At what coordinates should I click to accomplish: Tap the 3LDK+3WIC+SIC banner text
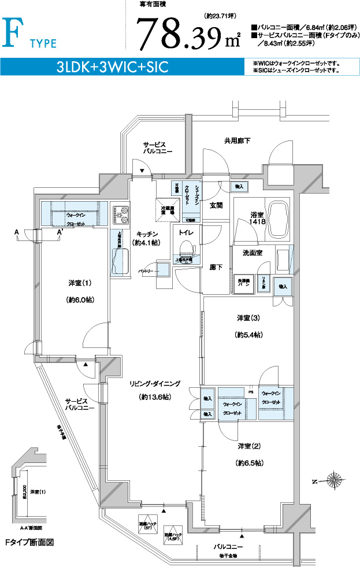pyautogui.click(x=112, y=66)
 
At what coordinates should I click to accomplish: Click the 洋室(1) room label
pyautogui.click(x=80, y=283)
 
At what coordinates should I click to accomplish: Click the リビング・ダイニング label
pyautogui.click(x=155, y=384)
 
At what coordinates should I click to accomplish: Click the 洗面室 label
pyautogui.click(x=253, y=253)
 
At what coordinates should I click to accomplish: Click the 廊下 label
pyautogui.click(x=216, y=268)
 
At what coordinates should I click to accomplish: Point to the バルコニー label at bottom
pyautogui.click(x=228, y=546)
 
